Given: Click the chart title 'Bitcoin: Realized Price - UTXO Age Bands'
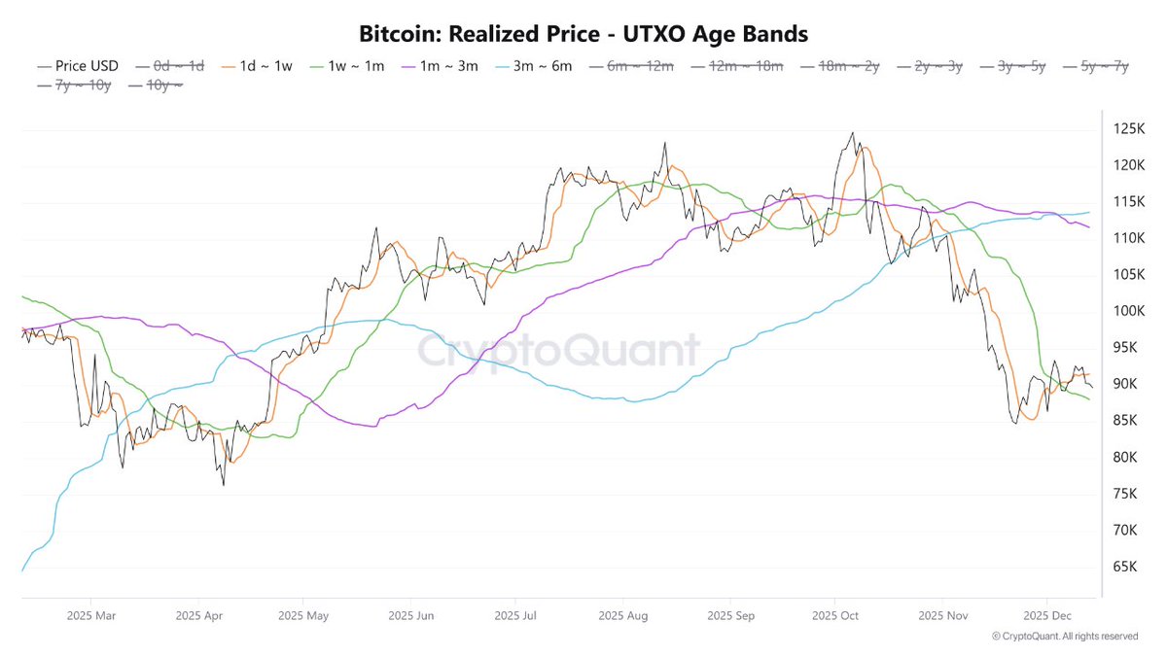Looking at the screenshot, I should click(583, 34).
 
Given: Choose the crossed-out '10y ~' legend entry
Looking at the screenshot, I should click(163, 86).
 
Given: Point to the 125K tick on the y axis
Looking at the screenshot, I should click(1127, 129).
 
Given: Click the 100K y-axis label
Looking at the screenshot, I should click(1127, 311).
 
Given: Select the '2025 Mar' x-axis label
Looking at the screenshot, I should click(90, 615).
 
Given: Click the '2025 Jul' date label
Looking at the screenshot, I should click(515, 615).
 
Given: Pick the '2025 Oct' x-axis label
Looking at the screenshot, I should click(834, 615).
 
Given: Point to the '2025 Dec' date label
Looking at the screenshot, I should click(1047, 615).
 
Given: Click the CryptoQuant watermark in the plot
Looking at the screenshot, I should click(558, 351).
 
